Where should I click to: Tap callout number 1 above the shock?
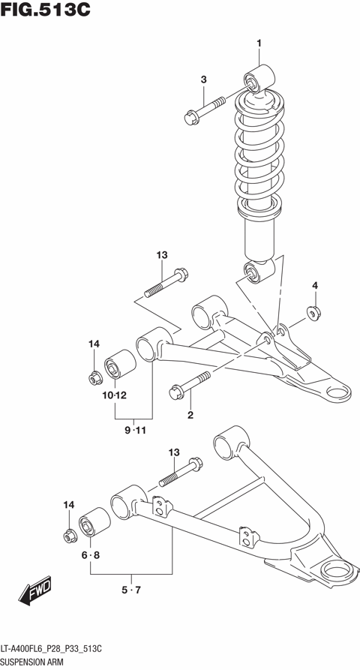259,43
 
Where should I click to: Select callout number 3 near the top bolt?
202,80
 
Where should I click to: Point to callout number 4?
315,285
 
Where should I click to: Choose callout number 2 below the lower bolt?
190,415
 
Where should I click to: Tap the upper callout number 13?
161,256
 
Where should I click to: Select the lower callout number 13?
174,452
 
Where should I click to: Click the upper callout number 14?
94,344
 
